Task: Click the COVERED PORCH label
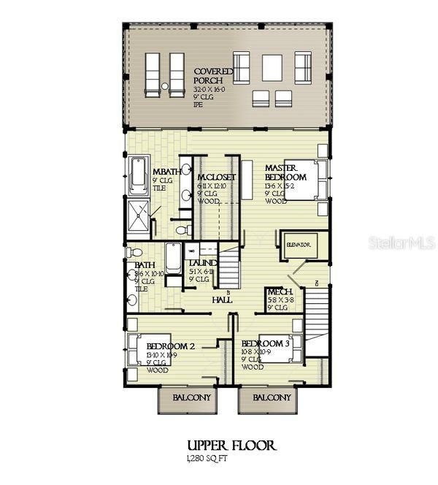[213, 76]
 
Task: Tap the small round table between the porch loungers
[165, 86]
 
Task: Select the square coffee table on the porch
[272, 68]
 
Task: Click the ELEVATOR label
[299, 245]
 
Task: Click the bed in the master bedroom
[301, 180]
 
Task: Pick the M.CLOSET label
[215, 177]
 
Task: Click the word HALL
[222, 300]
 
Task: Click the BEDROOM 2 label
[170, 345]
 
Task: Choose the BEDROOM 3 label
[266, 343]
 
